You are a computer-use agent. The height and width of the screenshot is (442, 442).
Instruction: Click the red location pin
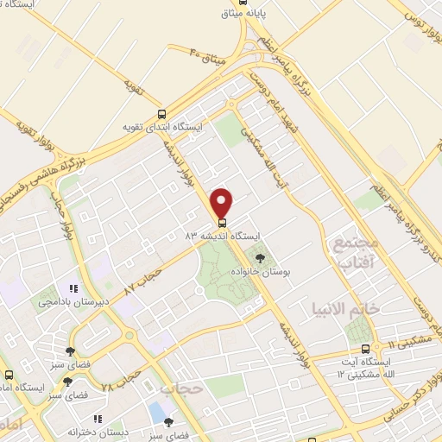(x=223, y=202)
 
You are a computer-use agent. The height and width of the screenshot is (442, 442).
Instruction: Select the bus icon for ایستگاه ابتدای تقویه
(x=161, y=114)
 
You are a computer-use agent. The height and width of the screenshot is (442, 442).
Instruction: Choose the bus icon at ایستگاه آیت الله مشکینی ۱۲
(x=365, y=349)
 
